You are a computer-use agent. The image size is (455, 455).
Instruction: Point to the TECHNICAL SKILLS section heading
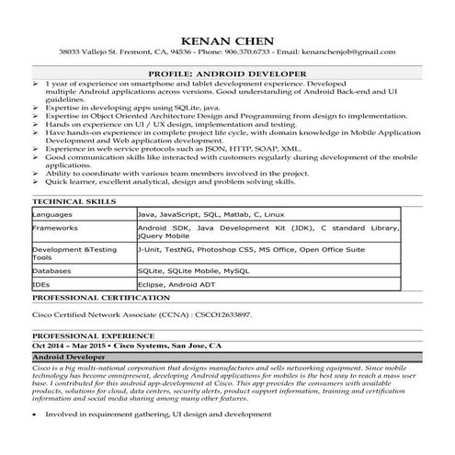(74, 199)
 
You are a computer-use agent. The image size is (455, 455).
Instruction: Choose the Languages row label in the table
(52, 211)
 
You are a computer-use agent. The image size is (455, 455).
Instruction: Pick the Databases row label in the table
(52, 272)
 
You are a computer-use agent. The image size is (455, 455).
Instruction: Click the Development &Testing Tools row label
(74, 253)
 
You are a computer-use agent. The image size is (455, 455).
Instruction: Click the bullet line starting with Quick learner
(165, 183)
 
